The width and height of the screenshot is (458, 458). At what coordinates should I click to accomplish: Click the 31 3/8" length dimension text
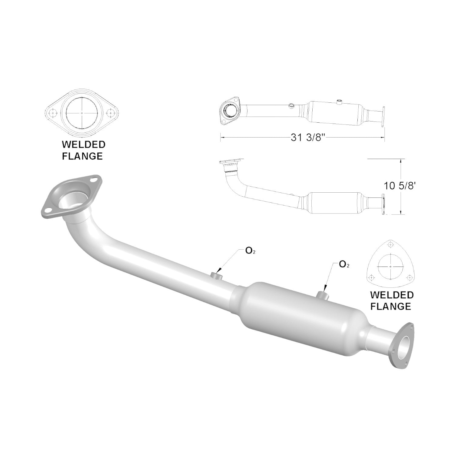click(x=308, y=138)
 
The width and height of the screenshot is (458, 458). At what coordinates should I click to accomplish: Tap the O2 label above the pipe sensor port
click(x=250, y=251)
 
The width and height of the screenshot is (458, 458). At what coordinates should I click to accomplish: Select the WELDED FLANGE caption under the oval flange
click(x=82, y=150)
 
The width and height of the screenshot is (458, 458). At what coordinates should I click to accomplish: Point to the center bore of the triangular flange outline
click(x=391, y=266)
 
